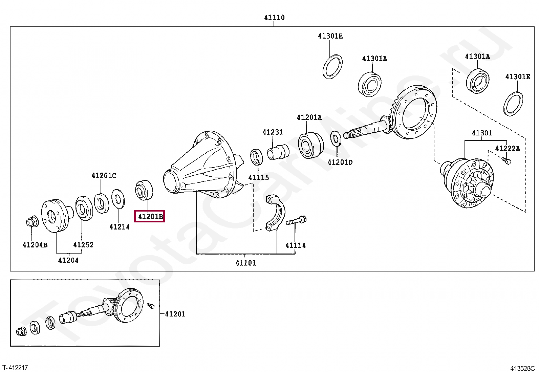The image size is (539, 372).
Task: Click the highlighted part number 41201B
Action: pos(150,216)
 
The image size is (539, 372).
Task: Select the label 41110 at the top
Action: pos(274,18)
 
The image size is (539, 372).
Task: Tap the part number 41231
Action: pos(272,132)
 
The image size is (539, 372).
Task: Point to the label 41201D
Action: pos(340,162)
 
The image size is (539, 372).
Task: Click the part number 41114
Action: pos(295,245)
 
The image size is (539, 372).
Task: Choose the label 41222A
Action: pos(507,148)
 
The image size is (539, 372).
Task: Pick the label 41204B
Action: pos(35,245)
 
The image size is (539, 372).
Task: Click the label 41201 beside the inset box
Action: pos(175,314)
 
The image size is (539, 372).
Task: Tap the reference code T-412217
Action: pos(15,367)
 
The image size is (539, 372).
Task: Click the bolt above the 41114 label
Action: pos(296,221)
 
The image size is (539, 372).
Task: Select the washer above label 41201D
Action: pos(336,138)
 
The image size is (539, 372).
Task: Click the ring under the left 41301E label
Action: pos(332,66)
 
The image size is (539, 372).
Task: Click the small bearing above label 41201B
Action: pos(144,190)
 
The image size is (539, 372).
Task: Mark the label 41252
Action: pos(83,245)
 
